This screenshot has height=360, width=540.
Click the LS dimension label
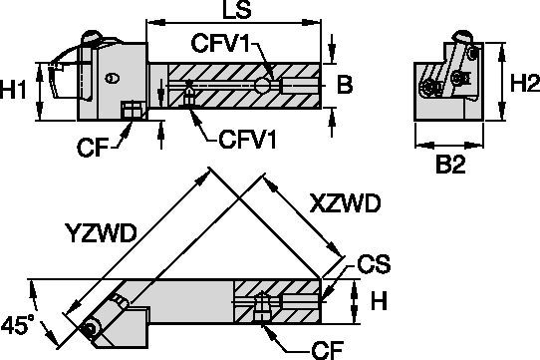click(235, 13)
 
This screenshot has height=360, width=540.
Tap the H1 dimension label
click(15, 89)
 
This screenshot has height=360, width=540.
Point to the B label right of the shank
click(344, 86)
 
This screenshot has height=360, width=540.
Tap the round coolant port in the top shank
click(262, 86)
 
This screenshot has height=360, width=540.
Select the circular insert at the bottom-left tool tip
click(92, 327)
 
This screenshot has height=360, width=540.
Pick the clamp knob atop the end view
click(461, 38)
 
